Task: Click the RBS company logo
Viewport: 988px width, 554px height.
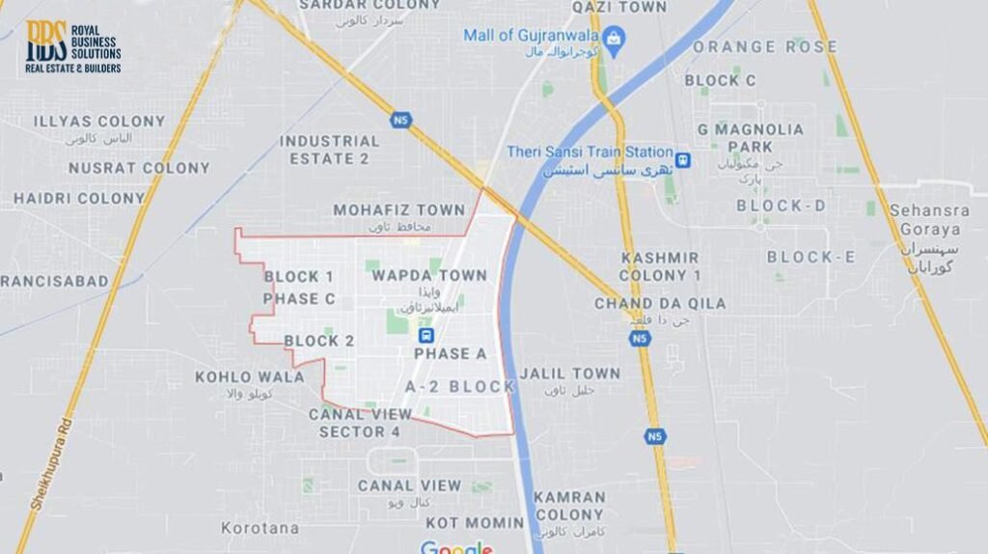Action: [72, 46]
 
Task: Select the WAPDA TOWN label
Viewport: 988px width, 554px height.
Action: [429, 275]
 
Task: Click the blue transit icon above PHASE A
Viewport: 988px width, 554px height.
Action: [425, 335]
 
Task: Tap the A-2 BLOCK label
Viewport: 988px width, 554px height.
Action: [459, 386]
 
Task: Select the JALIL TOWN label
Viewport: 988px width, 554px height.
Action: [569, 373]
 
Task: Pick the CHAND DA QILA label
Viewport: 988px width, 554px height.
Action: [660, 303]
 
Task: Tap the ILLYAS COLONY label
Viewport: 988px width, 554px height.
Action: [98, 122]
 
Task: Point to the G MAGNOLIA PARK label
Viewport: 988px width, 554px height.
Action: [751, 137]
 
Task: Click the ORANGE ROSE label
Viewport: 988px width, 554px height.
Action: [764, 46]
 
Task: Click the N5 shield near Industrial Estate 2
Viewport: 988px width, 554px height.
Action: [400, 120]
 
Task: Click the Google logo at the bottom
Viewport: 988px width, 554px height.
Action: [456, 547]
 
